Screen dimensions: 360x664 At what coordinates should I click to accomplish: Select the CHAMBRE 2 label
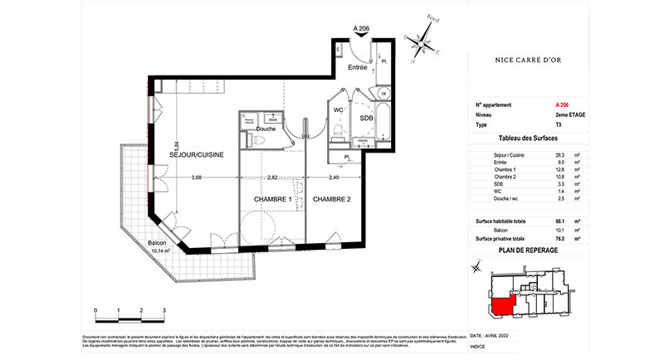(x=334, y=200)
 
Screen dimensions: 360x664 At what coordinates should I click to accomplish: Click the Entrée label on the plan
(x=357, y=67)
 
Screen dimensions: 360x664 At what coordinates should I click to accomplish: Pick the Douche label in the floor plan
(x=266, y=129)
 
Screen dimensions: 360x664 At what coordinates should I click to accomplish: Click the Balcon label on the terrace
(x=158, y=243)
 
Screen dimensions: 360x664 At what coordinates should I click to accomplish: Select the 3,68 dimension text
(x=197, y=177)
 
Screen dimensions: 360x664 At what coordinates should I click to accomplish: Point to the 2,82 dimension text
(x=273, y=177)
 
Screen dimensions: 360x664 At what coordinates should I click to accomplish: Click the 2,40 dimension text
(x=332, y=177)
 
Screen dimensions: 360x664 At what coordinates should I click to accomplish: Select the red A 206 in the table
(x=562, y=105)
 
